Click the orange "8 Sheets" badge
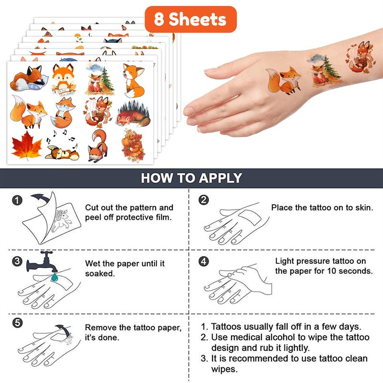(191, 19)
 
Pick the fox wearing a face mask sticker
(98, 146)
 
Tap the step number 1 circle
(17, 201)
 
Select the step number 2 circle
(204, 200)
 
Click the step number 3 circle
(17, 261)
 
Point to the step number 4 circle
(204, 261)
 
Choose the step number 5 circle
(17, 323)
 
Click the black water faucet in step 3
(42, 262)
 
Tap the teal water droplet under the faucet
(54, 277)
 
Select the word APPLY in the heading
(220, 178)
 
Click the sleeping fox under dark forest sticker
(134, 113)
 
